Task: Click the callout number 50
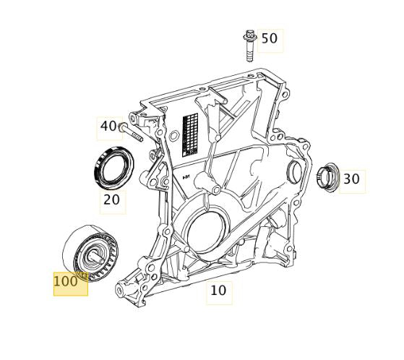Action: click(270, 38)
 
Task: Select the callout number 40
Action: click(108, 126)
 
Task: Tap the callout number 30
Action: click(351, 179)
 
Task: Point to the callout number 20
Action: click(111, 200)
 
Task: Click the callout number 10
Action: click(218, 290)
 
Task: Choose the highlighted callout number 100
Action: click(66, 281)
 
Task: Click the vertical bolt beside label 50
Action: click(249, 46)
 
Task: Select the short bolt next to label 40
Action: click(130, 132)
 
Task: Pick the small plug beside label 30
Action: click(327, 178)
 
